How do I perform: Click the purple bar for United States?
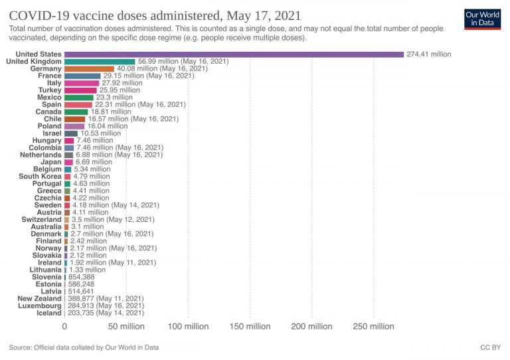point(234,54)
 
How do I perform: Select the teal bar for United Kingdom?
point(100,62)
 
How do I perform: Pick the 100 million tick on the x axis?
point(188,326)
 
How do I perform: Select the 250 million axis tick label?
point(373,326)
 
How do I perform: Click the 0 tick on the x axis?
point(65,326)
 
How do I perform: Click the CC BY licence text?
point(490,347)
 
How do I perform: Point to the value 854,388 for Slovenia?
point(83,277)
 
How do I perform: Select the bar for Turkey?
point(80,90)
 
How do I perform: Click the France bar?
point(82,76)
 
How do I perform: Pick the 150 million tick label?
point(250,326)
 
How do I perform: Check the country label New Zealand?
point(39,298)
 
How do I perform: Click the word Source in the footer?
point(21,347)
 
